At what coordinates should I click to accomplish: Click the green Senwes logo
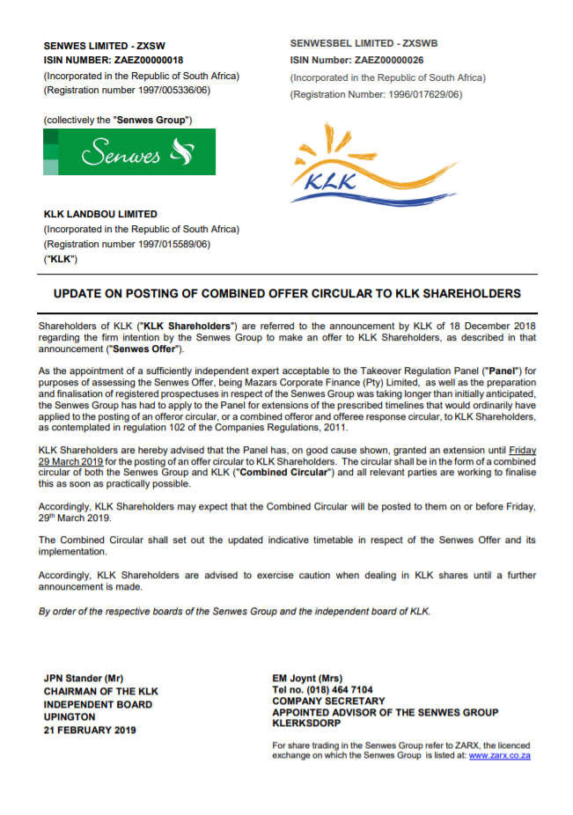pos(129,151)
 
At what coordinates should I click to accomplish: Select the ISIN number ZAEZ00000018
pos(149,61)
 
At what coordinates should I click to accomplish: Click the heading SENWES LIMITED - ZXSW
pos(104,45)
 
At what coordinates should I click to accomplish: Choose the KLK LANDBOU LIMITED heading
pos(100,214)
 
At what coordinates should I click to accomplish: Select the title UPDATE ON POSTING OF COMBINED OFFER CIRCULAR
pos(286,293)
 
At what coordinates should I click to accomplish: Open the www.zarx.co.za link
pos(500,755)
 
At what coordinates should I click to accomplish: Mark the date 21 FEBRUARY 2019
pos(90,731)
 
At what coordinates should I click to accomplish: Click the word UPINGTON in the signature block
pos(70,717)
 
